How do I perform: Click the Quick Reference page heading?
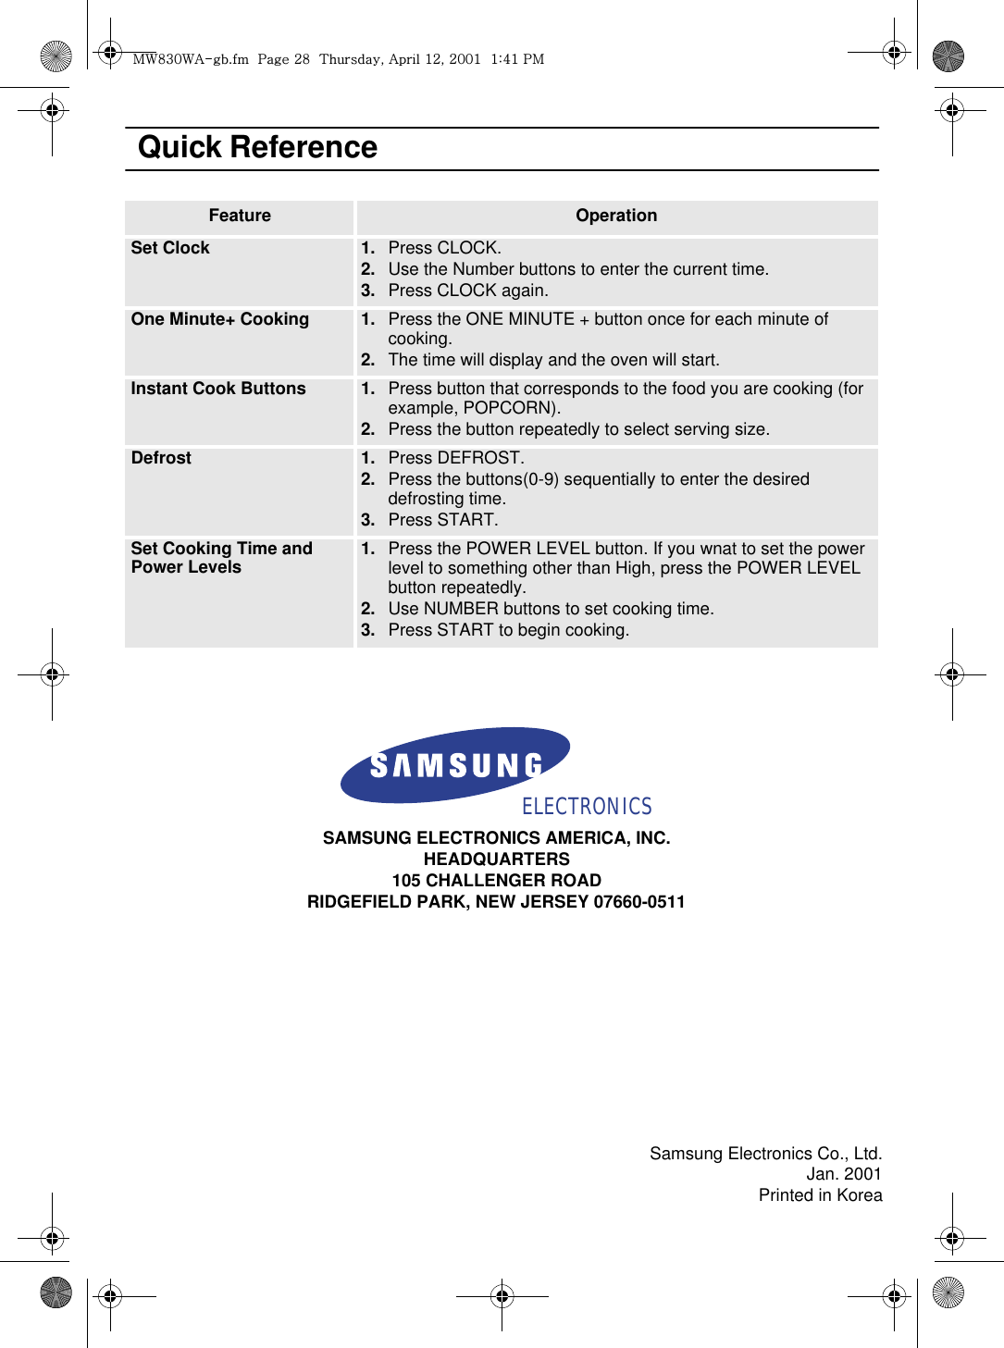click(x=257, y=148)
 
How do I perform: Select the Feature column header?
click(x=240, y=216)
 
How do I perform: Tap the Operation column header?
click(x=616, y=216)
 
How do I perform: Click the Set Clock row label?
click(x=170, y=248)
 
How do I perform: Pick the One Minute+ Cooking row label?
click(x=220, y=319)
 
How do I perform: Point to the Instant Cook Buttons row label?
click(x=218, y=389)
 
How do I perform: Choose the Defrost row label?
click(x=161, y=458)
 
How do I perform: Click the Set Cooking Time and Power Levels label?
click(x=221, y=558)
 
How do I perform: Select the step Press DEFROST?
click(x=455, y=458)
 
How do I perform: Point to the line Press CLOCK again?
click(x=467, y=291)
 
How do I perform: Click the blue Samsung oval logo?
click(x=455, y=764)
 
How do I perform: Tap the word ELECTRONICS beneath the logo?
click(x=587, y=807)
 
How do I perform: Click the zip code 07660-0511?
click(x=638, y=902)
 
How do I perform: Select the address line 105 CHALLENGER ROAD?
click(x=497, y=881)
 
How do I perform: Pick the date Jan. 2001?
click(x=843, y=1174)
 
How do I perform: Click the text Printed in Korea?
click(x=820, y=1195)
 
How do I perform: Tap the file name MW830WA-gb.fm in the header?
click(x=191, y=59)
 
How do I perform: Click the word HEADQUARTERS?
click(x=497, y=860)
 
